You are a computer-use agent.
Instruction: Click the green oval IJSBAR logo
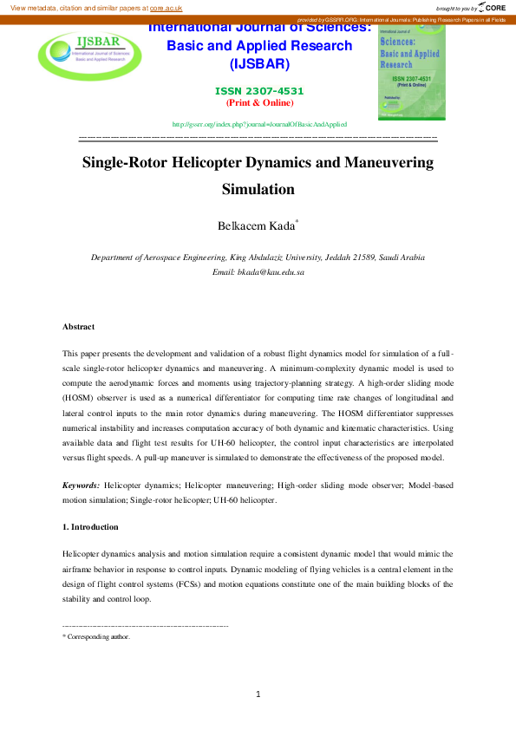point(84,54)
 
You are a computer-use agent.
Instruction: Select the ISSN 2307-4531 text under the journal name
point(259,91)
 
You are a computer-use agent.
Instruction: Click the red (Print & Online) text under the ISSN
point(259,102)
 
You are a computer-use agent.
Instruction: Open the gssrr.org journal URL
point(259,125)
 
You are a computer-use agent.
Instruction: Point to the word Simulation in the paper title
point(258,189)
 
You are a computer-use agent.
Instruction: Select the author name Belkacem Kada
point(256,226)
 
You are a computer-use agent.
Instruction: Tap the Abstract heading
point(78,327)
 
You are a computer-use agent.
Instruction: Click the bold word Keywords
point(80,486)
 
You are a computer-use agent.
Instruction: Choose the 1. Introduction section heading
point(90,526)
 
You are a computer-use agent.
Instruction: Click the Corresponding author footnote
point(98,636)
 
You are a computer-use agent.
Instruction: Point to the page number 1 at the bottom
point(258,694)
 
